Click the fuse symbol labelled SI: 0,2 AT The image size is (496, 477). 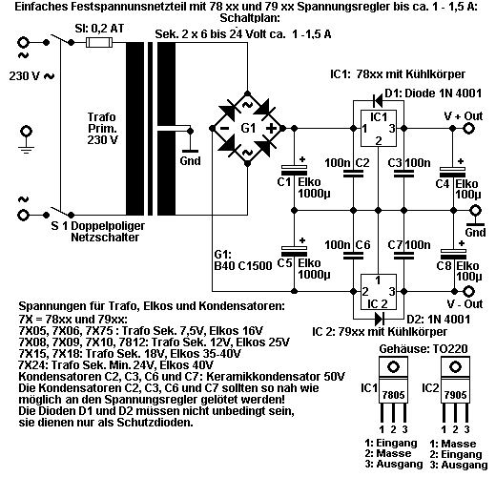pos(99,42)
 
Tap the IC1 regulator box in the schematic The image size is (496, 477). pos(379,129)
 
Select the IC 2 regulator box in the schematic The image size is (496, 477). pos(379,292)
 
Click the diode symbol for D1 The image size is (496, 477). pos(378,102)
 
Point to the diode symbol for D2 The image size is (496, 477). pos(380,318)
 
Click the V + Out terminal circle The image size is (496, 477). pos(468,129)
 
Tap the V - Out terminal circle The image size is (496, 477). pos(468,291)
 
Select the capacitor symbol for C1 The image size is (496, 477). pos(294,170)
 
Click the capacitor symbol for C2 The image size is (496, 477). pos(353,174)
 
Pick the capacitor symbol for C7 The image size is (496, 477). pos(403,255)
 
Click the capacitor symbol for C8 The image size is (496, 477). pos(453,254)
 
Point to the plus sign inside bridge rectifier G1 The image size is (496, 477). pos(271,129)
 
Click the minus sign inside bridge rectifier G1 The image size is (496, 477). pos(224,129)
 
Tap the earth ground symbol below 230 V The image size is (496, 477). pos(26,140)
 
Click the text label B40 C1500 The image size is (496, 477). pos(243,266)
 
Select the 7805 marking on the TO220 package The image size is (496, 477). pos(394,395)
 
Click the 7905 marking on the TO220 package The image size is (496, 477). pos(455,395)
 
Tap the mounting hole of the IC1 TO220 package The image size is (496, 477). pos(394,367)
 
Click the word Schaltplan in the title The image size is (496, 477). pos(250,18)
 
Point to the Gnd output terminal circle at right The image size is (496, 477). pos(476,211)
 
